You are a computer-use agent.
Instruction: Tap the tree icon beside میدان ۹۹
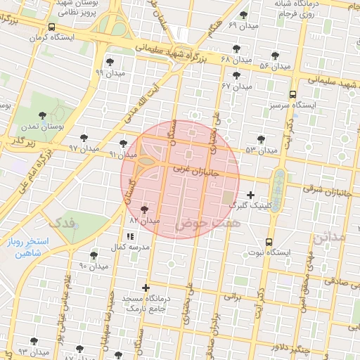click(109, 61)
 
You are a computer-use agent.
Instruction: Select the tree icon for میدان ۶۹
click(243, 14)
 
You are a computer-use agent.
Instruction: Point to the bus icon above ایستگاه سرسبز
click(292, 95)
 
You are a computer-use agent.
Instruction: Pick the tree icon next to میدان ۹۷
click(84, 138)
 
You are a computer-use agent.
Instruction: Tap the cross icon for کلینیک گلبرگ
click(250, 194)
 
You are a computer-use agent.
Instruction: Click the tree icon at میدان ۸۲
click(144, 210)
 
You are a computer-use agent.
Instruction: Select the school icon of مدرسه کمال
click(129, 236)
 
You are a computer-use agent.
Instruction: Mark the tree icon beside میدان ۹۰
click(94, 255)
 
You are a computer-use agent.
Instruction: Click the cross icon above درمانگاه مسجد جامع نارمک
click(146, 288)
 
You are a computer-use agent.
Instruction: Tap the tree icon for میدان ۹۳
click(34, 342)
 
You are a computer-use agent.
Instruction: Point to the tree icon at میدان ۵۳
click(262, 139)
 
